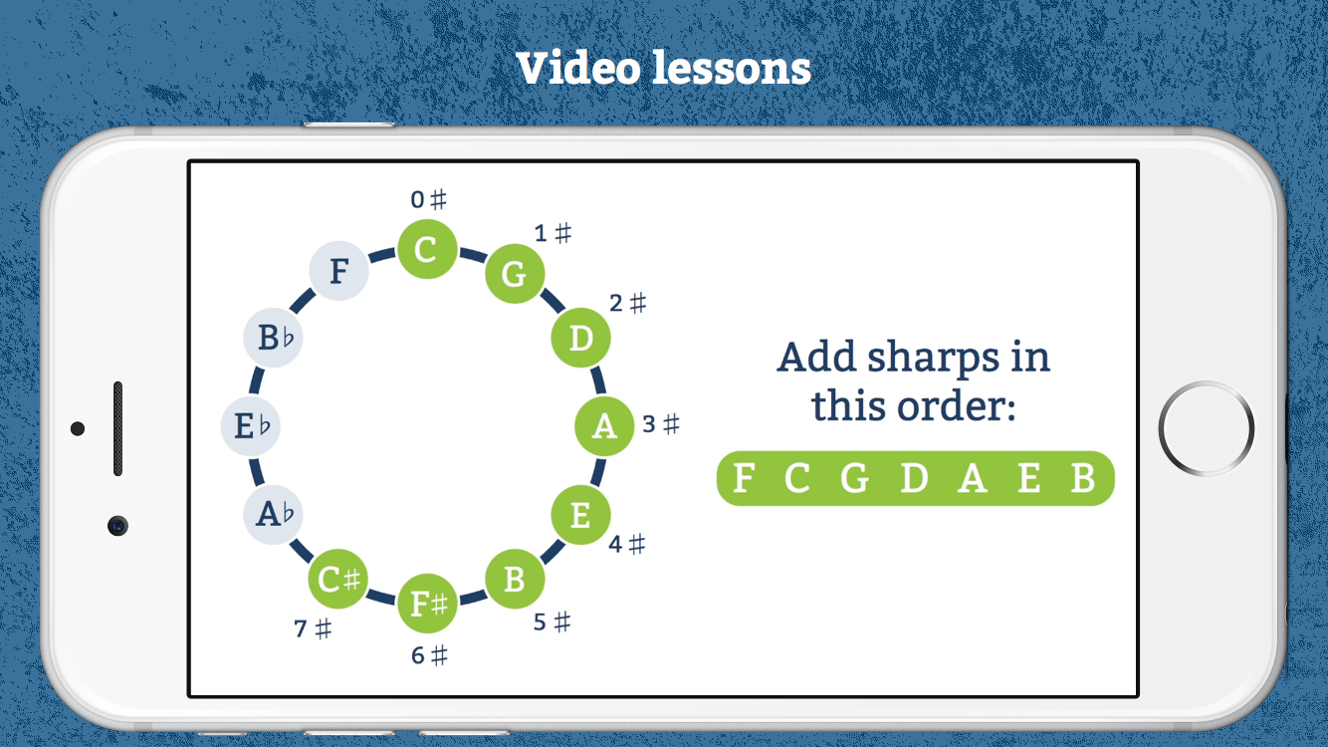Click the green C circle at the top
(427, 249)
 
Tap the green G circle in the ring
(514, 274)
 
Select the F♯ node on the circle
(427, 604)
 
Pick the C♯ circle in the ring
(337, 579)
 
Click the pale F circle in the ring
(338, 271)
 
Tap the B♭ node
(274, 337)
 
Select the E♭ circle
(250, 425)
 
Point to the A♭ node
(274, 514)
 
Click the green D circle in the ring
(580, 338)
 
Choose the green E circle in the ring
(580, 514)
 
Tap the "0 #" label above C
(428, 199)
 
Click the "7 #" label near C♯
(313, 628)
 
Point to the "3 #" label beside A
(661, 424)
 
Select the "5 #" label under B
(552, 622)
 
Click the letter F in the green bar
(744, 478)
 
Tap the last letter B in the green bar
(1082, 478)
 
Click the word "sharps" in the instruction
(933, 359)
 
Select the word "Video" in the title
(579, 68)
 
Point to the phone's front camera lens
(118, 526)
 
